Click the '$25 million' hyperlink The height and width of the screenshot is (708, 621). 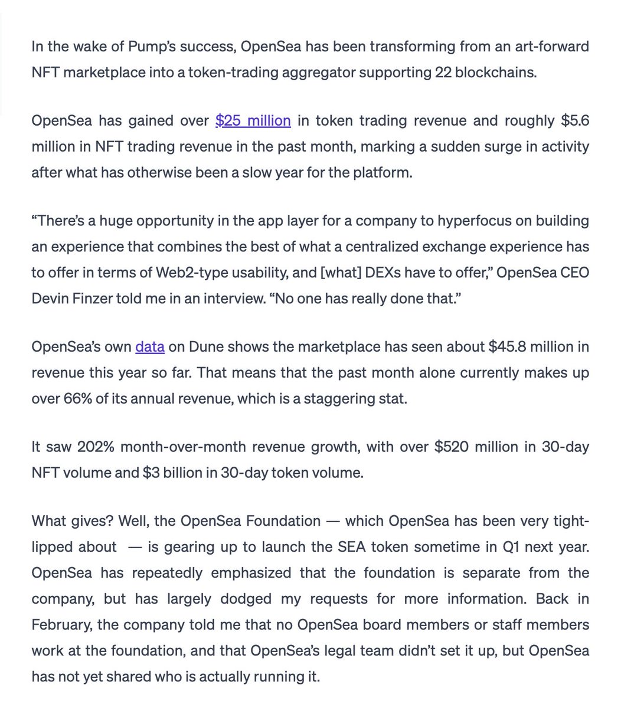click(253, 121)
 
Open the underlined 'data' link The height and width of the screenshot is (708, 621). click(149, 346)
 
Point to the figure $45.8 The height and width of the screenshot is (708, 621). click(506, 346)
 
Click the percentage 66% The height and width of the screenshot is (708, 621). click(76, 398)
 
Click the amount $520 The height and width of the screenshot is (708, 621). click(452, 447)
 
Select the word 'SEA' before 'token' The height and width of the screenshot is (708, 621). click(351, 547)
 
